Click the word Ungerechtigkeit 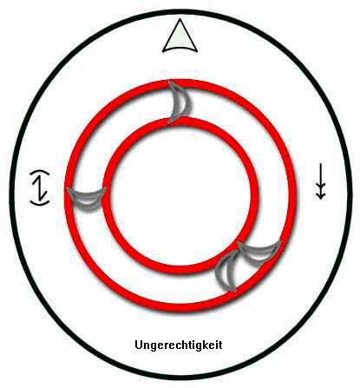pos(179,345)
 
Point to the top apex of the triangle pos(180,19)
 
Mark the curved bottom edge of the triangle pos(180,49)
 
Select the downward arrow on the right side pos(320,181)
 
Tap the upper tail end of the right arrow pos(320,163)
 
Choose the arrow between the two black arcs pos(40,188)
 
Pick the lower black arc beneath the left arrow pos(40,203)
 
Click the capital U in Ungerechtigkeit pos(139,345)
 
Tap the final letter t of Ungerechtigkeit pos(220,345)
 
